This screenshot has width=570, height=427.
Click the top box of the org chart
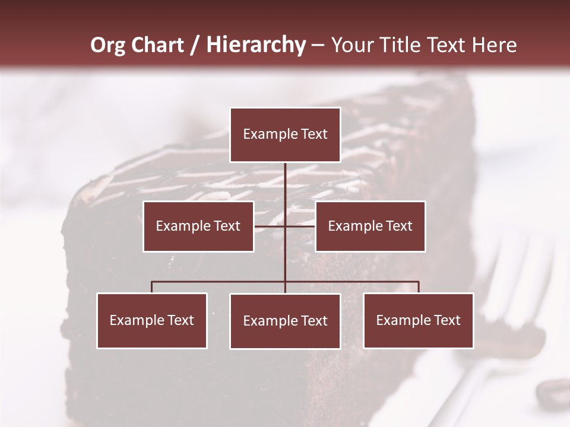click(285, 135)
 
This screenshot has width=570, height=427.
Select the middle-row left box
click(198, 226)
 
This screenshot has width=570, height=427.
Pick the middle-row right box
click(370, 226)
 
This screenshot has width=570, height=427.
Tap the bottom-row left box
click(152, 320)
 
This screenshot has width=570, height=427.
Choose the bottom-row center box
click(285, 321)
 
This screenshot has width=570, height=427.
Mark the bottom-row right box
click(418, 320)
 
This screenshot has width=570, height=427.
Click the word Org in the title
click(107, 45)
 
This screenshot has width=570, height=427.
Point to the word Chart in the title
click(157, 45)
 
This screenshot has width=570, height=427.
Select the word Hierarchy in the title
click(255, 45)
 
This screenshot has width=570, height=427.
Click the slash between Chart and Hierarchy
click(195, 45)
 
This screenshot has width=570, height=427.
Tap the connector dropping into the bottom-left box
click(152, 287)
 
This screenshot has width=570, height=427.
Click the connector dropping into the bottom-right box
click(419, 287)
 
